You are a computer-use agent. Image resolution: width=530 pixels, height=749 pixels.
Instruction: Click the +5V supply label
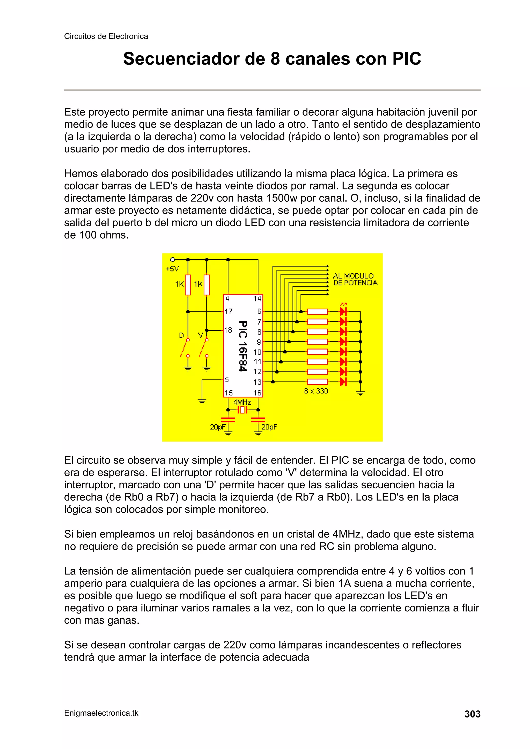[x=172, y=269]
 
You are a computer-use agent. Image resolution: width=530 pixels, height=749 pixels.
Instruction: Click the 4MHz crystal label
[x=242, y=402]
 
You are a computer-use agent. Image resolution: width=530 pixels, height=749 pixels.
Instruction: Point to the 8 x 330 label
[x=316, y=391]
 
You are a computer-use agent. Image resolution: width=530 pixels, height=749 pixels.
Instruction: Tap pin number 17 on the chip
[x=228, y=312]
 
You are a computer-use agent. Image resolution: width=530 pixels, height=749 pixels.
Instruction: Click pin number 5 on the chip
[x=227, y=379]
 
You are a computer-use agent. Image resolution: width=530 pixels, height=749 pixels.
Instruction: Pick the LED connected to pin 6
[x=343, y=312]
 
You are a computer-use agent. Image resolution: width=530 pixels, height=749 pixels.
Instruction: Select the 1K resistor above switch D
[x=188, y=285]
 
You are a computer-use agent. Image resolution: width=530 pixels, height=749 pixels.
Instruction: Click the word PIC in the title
[x=407, y=59]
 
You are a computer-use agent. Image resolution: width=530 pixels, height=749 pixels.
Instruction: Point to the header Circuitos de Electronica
[x=106, y=36]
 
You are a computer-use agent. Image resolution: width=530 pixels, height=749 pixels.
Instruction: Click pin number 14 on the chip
[x=257, y=299]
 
